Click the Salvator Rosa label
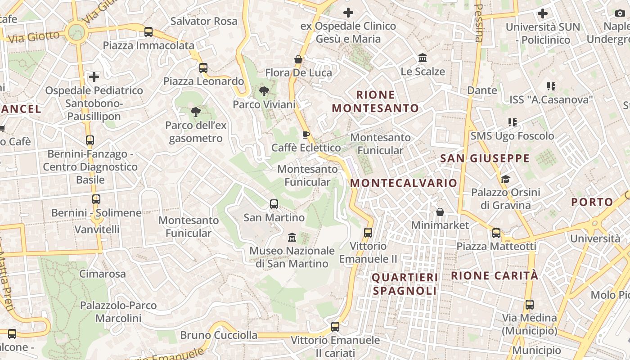coord(204,21)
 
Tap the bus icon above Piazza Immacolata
coord(148,32)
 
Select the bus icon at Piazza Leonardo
coord(203,68)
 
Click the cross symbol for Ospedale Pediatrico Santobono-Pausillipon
coord(94,77)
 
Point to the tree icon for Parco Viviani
coord(264,92)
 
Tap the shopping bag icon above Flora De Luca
coord(298,59)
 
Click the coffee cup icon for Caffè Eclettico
coord(306,135)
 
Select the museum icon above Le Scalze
coord(423,58)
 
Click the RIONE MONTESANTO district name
coord(375,101)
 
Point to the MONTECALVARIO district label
coord(404,183)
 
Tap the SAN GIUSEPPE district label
coord(485,158)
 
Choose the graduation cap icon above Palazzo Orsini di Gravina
coord(505,180)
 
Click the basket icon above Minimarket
coord(440,212)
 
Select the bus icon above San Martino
coord(274,204)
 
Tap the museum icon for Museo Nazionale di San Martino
coord(292,237)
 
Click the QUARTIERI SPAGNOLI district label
coord(405,284)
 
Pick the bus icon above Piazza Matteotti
coord(496,233)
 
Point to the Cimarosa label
coord(103,274)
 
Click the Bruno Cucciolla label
coord(219,335)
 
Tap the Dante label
coord(482,90)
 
